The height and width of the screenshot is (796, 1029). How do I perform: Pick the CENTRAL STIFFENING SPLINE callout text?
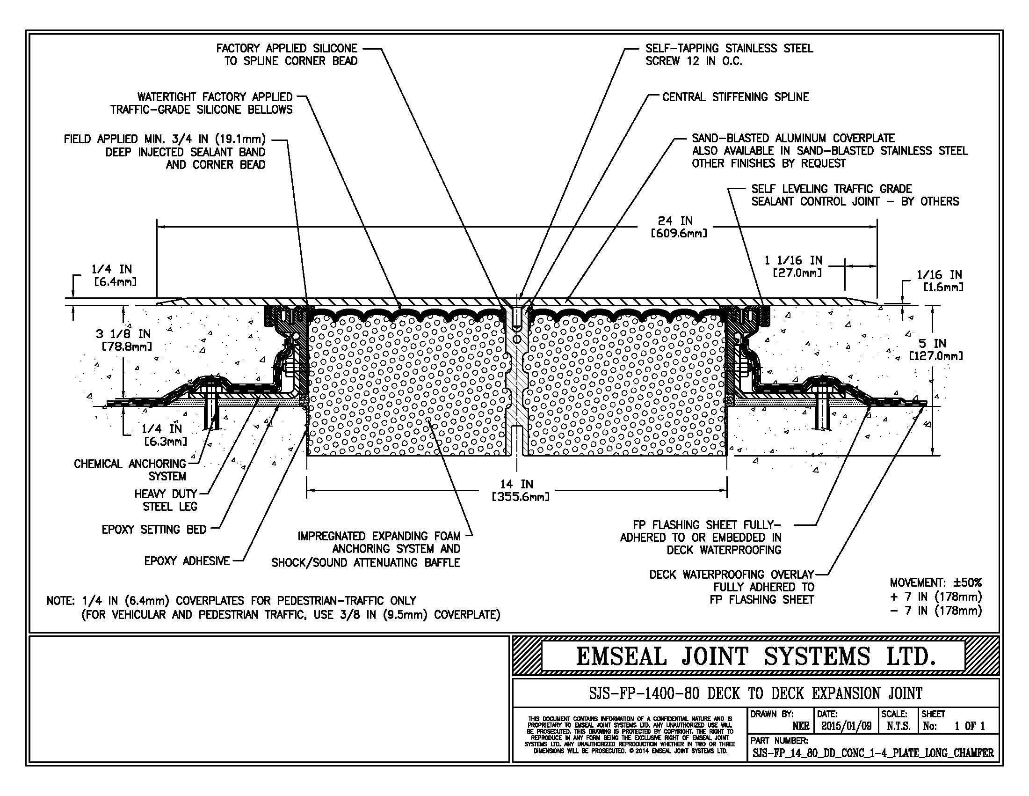click(x=735, y=97)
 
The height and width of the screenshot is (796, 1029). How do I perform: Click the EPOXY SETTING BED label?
click(x=154, y=530)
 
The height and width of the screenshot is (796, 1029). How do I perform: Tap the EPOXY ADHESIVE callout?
click(x=187, y=561)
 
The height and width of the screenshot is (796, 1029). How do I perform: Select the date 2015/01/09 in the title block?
click(x=846, y=726)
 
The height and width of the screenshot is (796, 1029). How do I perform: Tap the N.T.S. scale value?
click(x=898, y=726)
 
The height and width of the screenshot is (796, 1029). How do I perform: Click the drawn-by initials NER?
click(x=800, y=726)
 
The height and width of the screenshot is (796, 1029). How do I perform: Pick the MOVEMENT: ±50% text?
click(x=935, y=583)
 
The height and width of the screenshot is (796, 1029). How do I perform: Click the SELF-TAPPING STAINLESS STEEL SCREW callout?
click(x=729, y=55)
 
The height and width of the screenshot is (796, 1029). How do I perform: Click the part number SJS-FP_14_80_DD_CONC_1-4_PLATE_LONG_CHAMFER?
click(x=873, y=753)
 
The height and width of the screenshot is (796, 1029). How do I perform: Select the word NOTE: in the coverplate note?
click(x=60, y=601)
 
